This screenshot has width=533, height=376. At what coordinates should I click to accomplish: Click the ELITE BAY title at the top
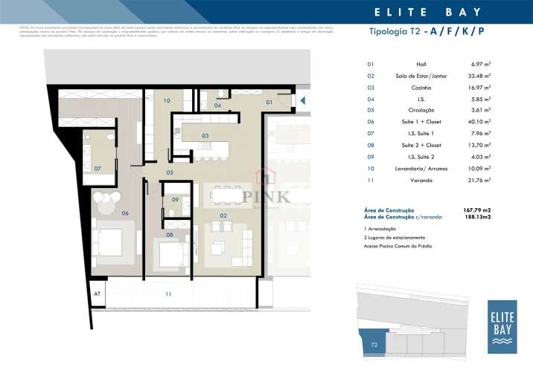[426, 12]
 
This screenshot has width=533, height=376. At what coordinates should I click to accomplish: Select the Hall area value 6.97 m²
[480, 65]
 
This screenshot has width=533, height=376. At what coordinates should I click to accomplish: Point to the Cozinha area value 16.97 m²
[479, 87]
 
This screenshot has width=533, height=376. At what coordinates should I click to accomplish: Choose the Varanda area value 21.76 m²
[479, 179]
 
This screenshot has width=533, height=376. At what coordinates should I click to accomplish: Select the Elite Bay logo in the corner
[502, 327]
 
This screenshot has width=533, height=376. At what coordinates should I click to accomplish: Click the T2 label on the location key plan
[374, 345]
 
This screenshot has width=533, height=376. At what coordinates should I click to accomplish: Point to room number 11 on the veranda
[168, 294]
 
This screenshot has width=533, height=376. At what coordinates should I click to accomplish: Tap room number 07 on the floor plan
[98, 168]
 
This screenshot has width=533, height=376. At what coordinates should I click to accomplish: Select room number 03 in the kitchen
[205, 136]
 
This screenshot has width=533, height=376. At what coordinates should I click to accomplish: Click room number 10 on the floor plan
[167, 100]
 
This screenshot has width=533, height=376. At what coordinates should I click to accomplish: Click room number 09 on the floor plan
[175, 200]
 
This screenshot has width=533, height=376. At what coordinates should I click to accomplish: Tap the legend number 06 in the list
[371, 121]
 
